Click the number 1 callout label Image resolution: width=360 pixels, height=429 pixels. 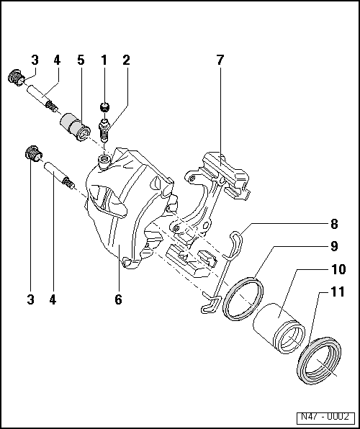[x=104, y=60]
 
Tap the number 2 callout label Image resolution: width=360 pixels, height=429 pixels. [x=126, y=60]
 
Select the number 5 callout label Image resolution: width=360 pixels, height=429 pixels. [x=81, y=60]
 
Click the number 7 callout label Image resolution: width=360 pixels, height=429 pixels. [x=220, y=60]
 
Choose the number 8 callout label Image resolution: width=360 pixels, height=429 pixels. [x=334, y=224]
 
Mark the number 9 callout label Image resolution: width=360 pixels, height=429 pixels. [x=334, y=246]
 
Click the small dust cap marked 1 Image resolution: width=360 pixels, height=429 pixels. [x=105, y=107]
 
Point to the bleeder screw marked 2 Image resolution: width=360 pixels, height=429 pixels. [x=104, y=130]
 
